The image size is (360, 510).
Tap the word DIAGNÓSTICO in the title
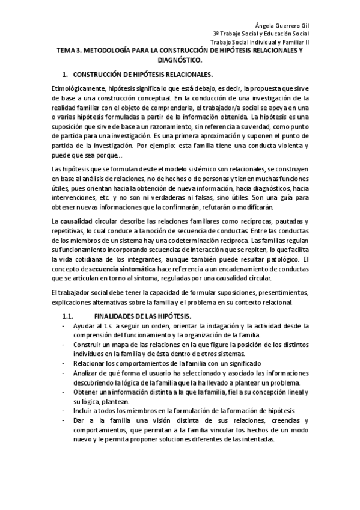pyautogui.click(x=180, y=61)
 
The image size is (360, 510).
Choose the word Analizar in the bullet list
pyautogui.click(x=88, y=373)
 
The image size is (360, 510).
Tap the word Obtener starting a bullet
pyautogui.click(x=87, y=392)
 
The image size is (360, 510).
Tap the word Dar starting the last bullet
pyautogui.click(x=79, y=420)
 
